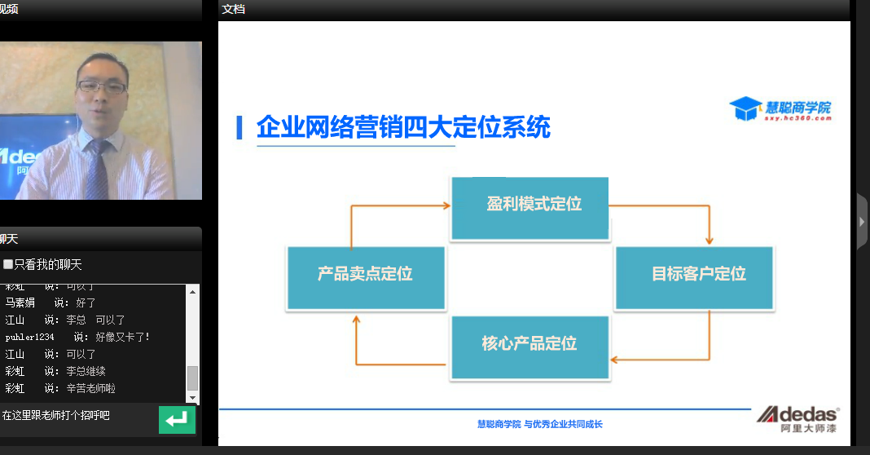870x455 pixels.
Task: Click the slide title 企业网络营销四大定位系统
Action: click(403, 128)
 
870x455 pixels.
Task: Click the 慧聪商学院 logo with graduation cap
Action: click(780, 109)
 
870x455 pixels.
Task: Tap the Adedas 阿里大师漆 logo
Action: click(797, 419)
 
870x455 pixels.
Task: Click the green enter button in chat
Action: click(177, 420)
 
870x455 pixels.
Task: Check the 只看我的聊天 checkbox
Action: click(8, 264)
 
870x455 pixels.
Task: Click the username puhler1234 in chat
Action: click(29, 337)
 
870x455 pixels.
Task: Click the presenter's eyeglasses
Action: click(102, 86)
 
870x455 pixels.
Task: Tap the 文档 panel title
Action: click(233, 9)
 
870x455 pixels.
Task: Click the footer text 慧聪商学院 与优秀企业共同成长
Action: click(539, 424)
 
